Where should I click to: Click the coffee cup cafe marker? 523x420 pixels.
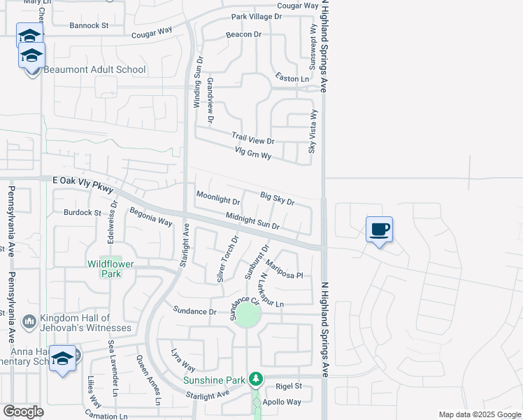tap(379, 230)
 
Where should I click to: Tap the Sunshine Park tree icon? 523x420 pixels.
tap(256, 379)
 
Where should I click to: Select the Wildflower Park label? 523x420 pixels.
tap(104, 269)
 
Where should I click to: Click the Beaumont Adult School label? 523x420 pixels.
tap(95, 70)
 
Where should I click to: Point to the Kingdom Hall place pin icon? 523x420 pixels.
tap(29, 321)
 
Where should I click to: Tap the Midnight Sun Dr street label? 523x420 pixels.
tap(252, 223)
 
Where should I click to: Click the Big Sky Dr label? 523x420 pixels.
tap(277, 199)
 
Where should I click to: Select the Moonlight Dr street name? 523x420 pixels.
tap(218, 198)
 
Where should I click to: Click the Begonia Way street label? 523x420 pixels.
tap(150, 216)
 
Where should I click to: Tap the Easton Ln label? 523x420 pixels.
tap(292, 78)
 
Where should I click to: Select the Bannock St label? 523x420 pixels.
tap(89, 25)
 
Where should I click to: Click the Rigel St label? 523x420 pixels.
tap(288, 386)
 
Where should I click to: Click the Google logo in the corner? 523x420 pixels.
tap(23, 412)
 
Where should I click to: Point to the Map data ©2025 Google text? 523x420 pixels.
tap(480, 414)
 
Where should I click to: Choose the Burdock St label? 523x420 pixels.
tap(83, 212)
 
